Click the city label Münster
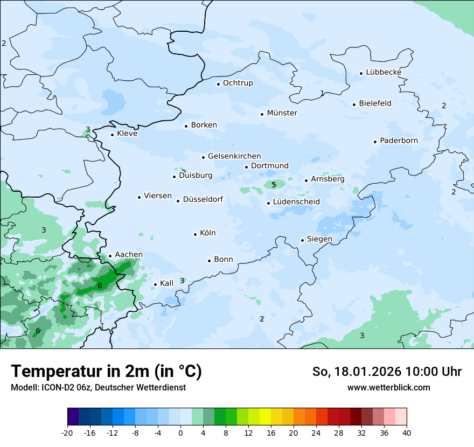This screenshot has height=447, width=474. pos(282,113)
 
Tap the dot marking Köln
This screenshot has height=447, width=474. pos(196,234)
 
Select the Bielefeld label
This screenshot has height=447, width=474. pos(375,103)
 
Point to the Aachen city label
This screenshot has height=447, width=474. pos(129,255)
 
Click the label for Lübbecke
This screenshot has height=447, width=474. pos(384,72)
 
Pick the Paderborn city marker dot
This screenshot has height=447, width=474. pos(375,142)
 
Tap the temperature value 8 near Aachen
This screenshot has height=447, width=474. pos(100,285)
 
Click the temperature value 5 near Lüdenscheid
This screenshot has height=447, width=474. pos(274,185)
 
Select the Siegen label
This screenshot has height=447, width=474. pos(319,239)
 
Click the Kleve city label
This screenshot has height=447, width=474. pos(127,134)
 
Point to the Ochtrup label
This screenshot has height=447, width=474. pos(238,83)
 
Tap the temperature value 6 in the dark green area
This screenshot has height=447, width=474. pos(38,331)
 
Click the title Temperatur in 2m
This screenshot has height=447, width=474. pos(106,371)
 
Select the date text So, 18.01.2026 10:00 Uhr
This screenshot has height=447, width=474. pos(387,372)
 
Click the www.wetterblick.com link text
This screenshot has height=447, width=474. pos(388,387)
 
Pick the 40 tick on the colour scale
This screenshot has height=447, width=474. pos(407,432)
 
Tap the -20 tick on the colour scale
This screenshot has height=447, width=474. pos(67,432)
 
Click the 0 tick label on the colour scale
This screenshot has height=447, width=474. pos(180,432)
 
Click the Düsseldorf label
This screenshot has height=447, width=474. pos(203,200)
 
